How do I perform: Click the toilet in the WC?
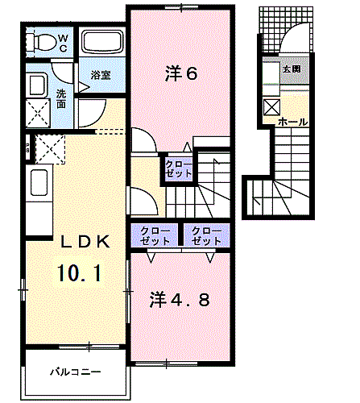(42, 40)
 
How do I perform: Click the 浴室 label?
(101, 75)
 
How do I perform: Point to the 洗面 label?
(62, 98)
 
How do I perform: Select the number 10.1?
(78, 272)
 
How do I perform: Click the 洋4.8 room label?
(180, 300)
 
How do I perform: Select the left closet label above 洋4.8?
(155, 235)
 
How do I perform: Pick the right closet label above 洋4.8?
(206, 235)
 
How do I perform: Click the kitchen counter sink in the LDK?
(38, 185)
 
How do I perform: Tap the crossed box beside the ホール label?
(270, 105)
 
